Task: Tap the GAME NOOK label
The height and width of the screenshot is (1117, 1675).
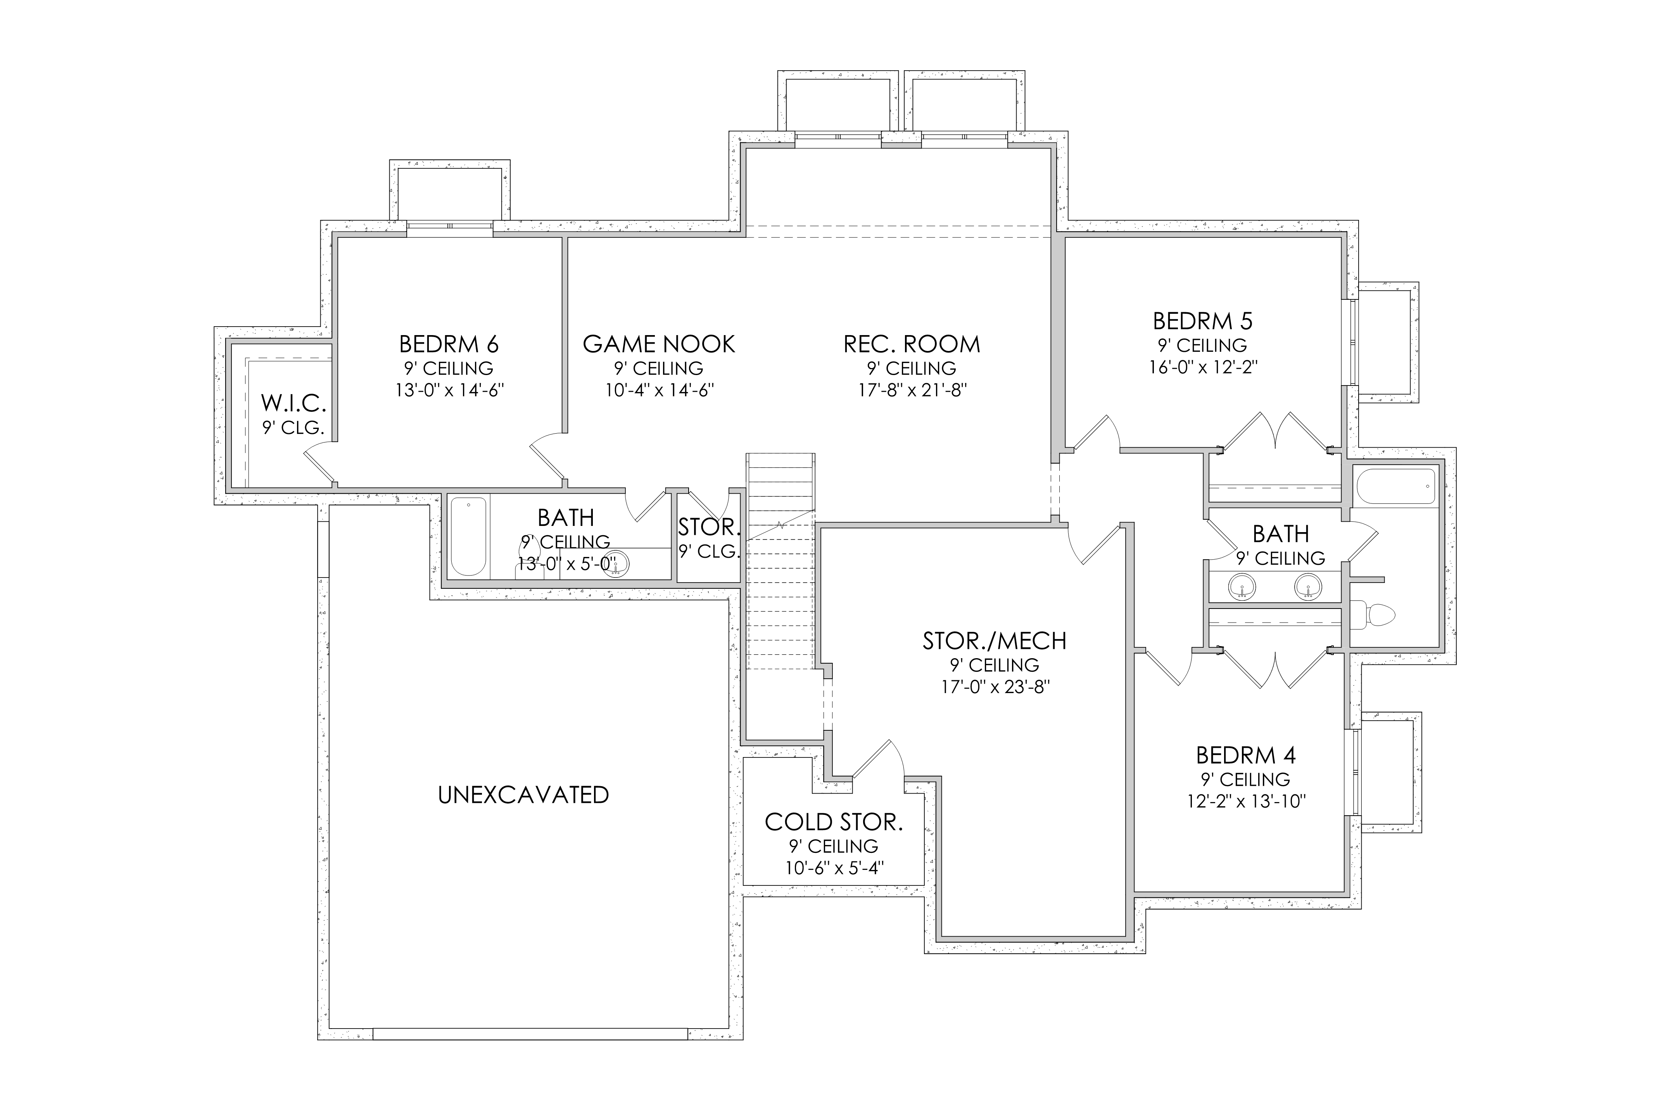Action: [x=659, y=345]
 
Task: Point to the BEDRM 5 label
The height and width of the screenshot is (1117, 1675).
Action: [x=1203, y=321]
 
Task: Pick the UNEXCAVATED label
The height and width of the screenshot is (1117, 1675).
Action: [x=523, y=795]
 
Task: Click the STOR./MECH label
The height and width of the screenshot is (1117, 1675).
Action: [x=995, y=641]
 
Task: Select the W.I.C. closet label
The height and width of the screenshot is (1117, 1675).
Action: [x=294, y=403]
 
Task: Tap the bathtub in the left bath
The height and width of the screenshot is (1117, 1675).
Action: [x=469, y=536]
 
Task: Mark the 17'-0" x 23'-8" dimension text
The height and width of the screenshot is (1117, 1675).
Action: [x=995, y=687]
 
